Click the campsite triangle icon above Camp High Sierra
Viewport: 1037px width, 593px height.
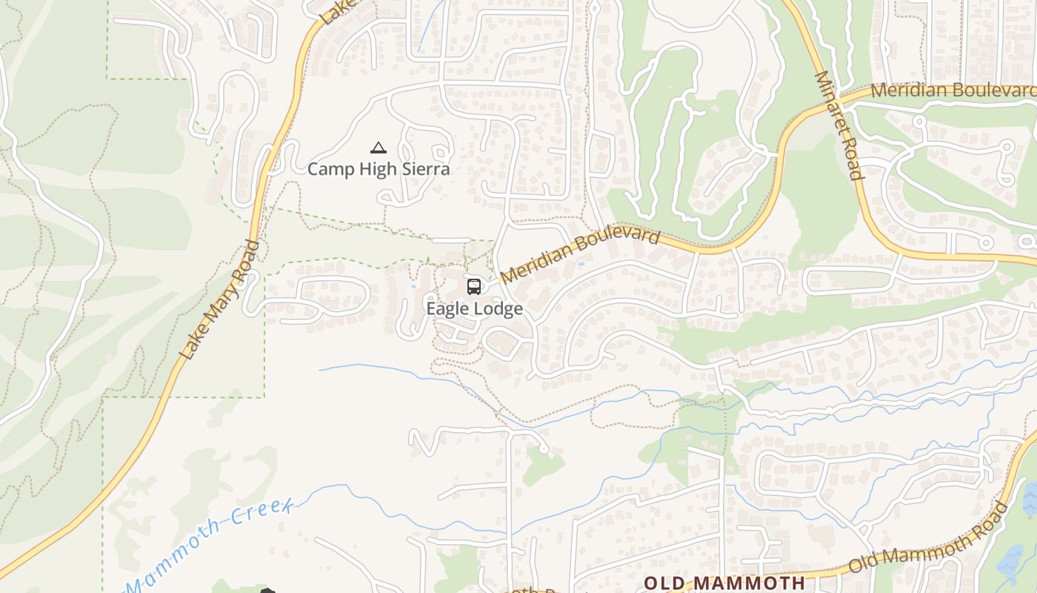[379, 148]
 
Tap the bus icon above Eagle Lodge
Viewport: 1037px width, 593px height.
[474, 286]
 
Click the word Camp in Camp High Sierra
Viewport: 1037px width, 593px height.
[331, 169]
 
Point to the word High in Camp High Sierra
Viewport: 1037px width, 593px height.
[378, 169]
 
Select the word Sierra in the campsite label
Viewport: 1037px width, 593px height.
[425, 169]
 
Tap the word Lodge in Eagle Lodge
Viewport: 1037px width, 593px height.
[499, 309]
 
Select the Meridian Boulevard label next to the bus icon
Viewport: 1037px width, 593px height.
[580, 256]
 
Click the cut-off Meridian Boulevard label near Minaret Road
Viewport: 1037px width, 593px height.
[953, 90]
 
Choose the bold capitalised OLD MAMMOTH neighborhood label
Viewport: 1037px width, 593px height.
[724, 583]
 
